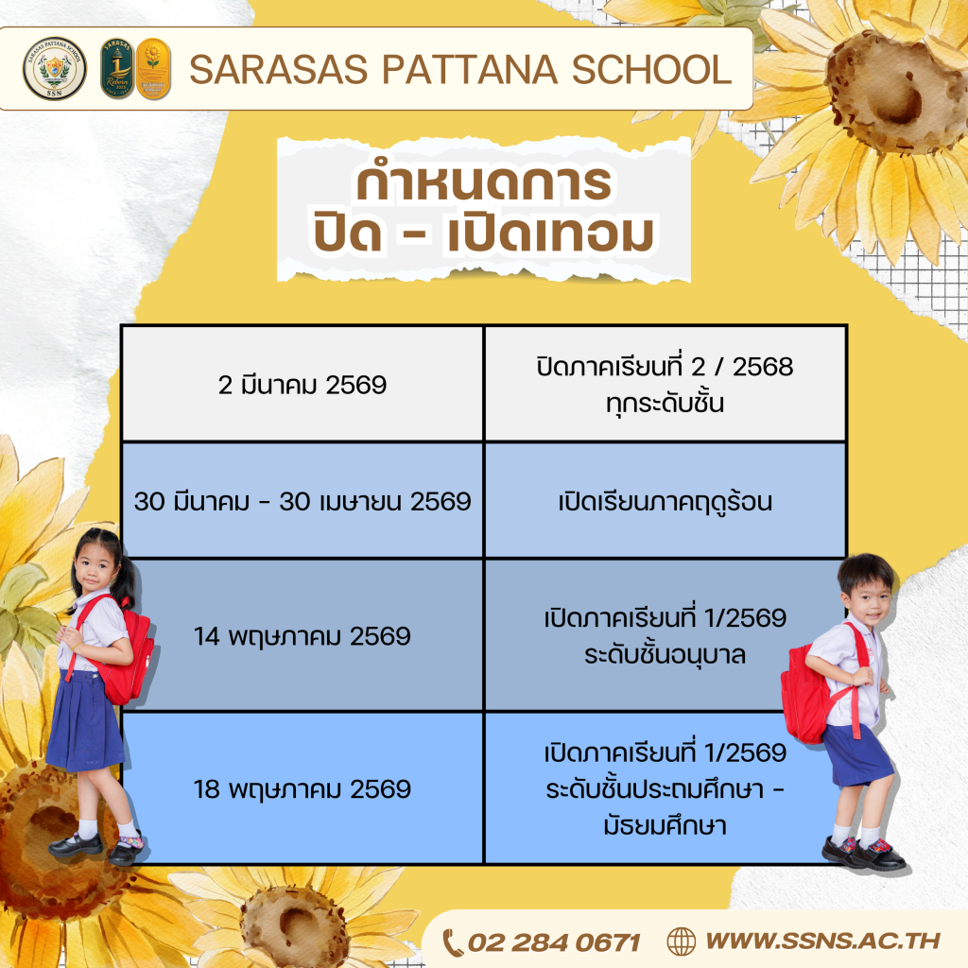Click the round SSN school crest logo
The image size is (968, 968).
[x=54, y=68]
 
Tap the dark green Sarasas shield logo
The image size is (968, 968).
[x=117, y=68]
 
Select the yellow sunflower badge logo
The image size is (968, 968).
[x=153, y=68]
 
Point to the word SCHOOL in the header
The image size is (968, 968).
[x=652, y=69]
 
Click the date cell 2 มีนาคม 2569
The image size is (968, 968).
[x=302, y=384]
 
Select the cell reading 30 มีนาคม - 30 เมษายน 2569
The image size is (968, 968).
[x=302, y=501]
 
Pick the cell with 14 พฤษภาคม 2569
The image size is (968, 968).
[x=302, y=635]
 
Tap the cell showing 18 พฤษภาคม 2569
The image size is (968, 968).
[x=302, y=788]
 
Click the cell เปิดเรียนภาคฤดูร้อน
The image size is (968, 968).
[x=665, y=501]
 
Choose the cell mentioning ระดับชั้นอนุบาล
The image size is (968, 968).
[x=665, y=635]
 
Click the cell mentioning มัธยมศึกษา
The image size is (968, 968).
[x=665, y=788]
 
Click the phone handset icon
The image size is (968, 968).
[x=453, y=942]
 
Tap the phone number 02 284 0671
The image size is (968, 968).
[x=554, y=942]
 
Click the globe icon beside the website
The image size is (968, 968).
[x=682, y=942]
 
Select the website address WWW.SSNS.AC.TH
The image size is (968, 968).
[x=823, y=941]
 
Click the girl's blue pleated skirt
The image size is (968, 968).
[x=85, y=721]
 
